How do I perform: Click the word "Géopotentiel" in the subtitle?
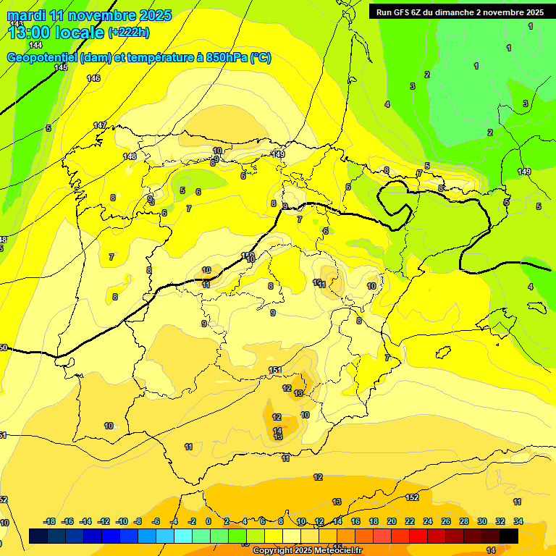click(41, 58)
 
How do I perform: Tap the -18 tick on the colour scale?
click(50, 521)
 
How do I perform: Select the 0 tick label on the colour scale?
click(208, 521)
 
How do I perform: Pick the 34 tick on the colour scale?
click(518, 521)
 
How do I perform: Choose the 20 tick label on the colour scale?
click(392, 521)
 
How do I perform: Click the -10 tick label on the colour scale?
click(122, 521)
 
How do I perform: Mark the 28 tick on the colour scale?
click(464, 521)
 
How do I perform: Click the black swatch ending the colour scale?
click(509, 536)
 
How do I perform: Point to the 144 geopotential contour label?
click(35, 45)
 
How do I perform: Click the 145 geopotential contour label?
click(61, 67)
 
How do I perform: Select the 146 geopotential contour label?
click(93, 78)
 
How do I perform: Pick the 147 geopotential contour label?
click(100, 125)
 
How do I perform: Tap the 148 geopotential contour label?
click(130, 156)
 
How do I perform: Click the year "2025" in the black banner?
click(534, 12)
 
